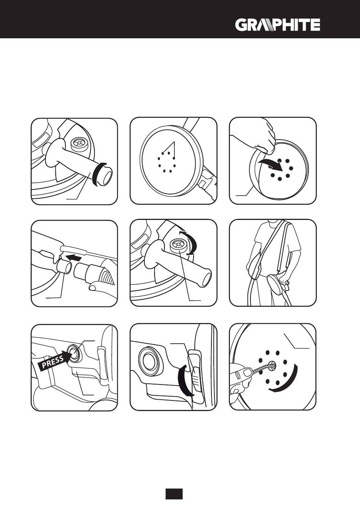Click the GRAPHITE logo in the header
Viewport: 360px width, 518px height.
[277, 25]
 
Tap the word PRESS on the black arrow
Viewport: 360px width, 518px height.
[53, 362]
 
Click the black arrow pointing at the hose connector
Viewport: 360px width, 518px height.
[74, 257]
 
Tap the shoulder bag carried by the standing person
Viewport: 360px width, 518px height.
[254, 266]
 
